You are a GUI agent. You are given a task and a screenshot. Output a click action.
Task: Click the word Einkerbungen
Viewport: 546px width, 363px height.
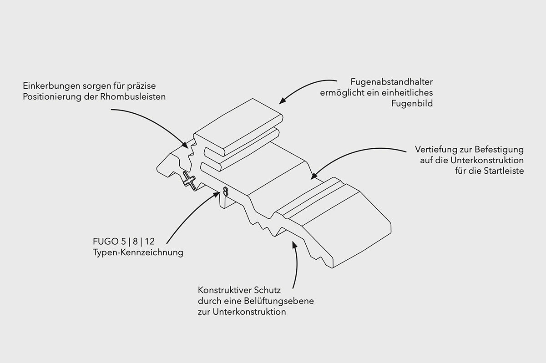pos(51,86)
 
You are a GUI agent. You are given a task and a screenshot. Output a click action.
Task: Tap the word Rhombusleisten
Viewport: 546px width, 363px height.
pos(133,97)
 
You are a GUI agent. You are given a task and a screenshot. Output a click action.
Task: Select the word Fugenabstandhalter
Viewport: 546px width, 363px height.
pos(392,82)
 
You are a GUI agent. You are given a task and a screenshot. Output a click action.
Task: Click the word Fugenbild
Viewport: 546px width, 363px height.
pos(412,104)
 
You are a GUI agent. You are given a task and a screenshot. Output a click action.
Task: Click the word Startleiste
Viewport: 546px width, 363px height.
pos(504,171)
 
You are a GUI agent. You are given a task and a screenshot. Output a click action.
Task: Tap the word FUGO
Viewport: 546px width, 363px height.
pos(106,242)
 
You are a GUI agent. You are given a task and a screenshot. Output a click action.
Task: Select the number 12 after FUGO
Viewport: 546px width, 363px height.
pos(150,242)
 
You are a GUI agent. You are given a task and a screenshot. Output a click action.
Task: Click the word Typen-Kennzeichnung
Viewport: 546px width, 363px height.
pos(138,252)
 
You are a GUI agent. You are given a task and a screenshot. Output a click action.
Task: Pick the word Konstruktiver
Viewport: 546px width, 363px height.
pos(224,290)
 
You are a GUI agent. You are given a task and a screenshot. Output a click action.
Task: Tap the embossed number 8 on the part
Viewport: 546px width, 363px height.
pos(226,192)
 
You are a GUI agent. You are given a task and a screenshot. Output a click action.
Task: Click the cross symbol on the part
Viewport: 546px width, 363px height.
pos(189,181)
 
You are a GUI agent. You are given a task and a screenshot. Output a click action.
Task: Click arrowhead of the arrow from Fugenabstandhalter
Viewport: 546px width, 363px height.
pos(281,102)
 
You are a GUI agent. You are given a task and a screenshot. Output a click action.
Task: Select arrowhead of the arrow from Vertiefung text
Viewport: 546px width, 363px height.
pos(313,177)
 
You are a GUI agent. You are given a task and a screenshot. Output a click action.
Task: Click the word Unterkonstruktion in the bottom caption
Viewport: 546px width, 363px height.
pos(249,312)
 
